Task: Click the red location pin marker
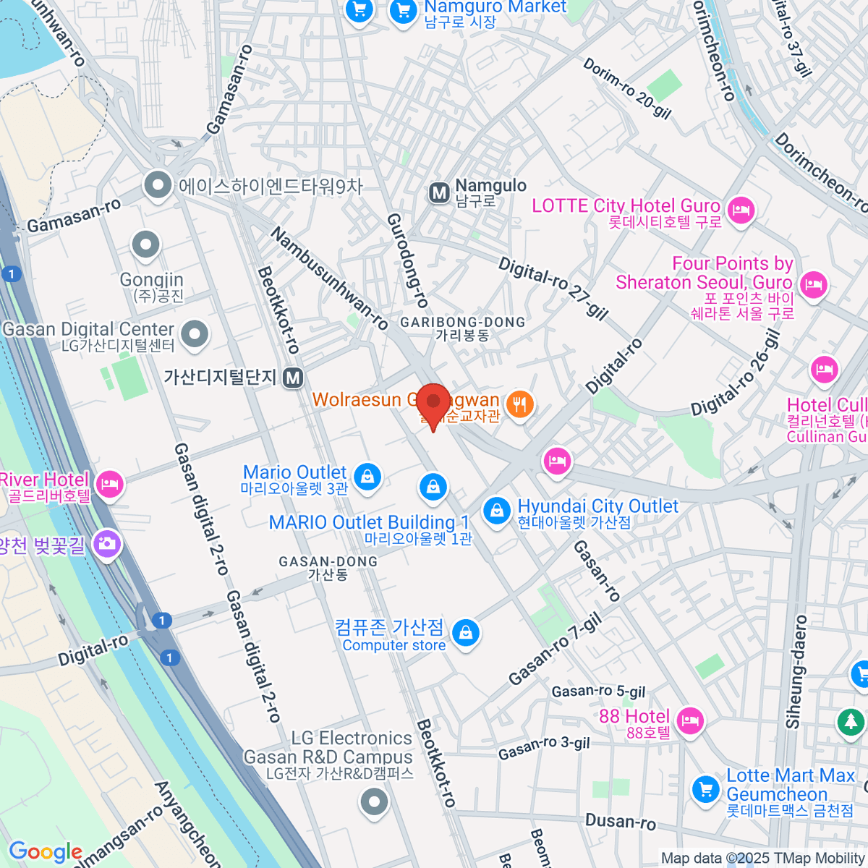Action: point(433,404)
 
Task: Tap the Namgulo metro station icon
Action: point(439,193)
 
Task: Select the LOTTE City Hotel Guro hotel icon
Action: point(741,211)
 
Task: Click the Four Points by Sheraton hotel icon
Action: point(814,284)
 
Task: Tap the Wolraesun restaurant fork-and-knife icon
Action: point(519,404)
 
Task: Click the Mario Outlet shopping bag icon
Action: point(367,477)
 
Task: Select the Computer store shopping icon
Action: point(466,633)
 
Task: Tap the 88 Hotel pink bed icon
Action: point(690,720)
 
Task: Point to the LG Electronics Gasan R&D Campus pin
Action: point(374,801)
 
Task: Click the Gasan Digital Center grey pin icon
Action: point(195,333)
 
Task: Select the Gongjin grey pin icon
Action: point(146,244)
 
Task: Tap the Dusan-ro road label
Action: point(620,821)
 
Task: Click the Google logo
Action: point(45,851)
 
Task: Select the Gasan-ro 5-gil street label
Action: point(598,692)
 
